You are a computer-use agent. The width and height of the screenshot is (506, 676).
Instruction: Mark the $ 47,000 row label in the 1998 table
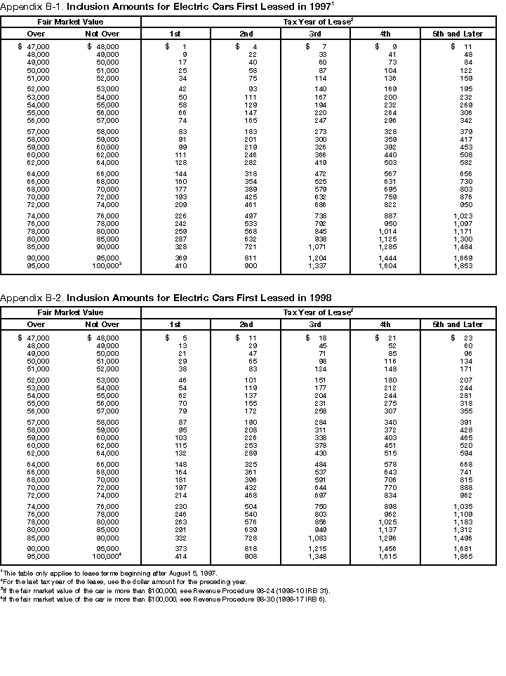pos(34,338)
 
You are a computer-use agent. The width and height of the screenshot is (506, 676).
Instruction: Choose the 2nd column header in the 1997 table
pos(246,33)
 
